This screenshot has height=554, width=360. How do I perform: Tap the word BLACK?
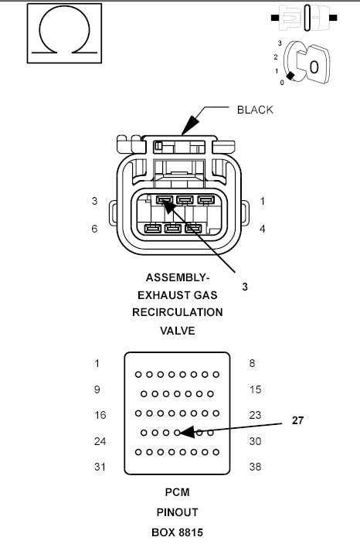click(255, 110)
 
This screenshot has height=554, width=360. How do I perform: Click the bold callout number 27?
click(297, 420)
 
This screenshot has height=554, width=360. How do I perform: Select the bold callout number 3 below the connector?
click(245, 287)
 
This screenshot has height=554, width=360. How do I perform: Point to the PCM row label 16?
click(100, 415)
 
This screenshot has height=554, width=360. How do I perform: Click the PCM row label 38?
click(255, 467)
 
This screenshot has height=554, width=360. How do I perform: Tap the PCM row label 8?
click(252, 363)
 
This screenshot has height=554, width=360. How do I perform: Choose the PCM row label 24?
click(100, 441)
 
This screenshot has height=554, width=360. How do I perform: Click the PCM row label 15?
click(255, 389)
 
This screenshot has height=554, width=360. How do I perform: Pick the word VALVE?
click(178, 331)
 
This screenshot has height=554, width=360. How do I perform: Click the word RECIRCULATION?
click(178, 312)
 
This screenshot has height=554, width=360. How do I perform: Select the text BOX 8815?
click(178, 532)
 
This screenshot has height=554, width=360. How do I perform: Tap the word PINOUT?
click(178, 512)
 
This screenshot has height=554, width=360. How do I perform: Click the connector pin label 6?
click(94, 229)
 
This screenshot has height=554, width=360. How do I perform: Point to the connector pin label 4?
click(262, 229)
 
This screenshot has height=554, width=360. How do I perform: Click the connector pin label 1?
click(262, 201)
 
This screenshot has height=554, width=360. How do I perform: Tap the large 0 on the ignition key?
click(314, 66)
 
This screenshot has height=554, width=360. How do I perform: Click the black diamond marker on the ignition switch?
click(290, 76)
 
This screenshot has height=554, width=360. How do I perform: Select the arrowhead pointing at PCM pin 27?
click(187, 432)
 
